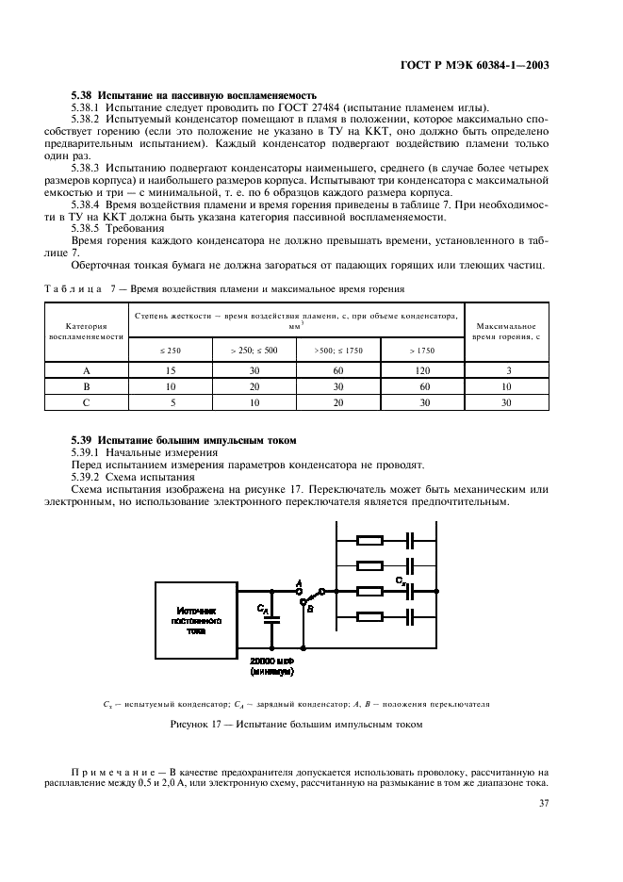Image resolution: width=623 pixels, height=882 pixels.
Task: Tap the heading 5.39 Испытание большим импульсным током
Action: pyautogui.click(x=184, y=440)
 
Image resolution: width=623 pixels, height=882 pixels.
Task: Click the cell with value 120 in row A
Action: pyautogui.click(x=422, y=371)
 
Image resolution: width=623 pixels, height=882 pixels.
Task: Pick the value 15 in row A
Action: pyautogui.click(x=171, y=371)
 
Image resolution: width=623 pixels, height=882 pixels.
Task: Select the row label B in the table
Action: pyautogui.click(x=87, y=386)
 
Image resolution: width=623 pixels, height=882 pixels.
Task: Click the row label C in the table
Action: pyautogui.click(x=87, y=401)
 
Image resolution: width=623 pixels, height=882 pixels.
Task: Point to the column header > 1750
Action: pyautogui.click(x=422, y=350)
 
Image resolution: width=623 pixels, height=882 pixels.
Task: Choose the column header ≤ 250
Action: pyautogui.click(x=171, y=350)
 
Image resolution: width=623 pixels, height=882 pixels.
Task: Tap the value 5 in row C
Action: pyautogui.click(x=171, y=401)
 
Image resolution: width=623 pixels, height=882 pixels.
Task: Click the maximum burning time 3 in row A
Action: pyautogui.click(x=510, y=371)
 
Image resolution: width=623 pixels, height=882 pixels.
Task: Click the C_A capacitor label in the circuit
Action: pyautogui.click(x=261, y=610)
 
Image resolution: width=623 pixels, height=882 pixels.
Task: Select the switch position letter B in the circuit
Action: pyautogui.click(x=309, y=609)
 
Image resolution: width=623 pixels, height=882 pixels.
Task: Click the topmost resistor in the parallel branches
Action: pyautogui.click(x=369, y=541)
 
